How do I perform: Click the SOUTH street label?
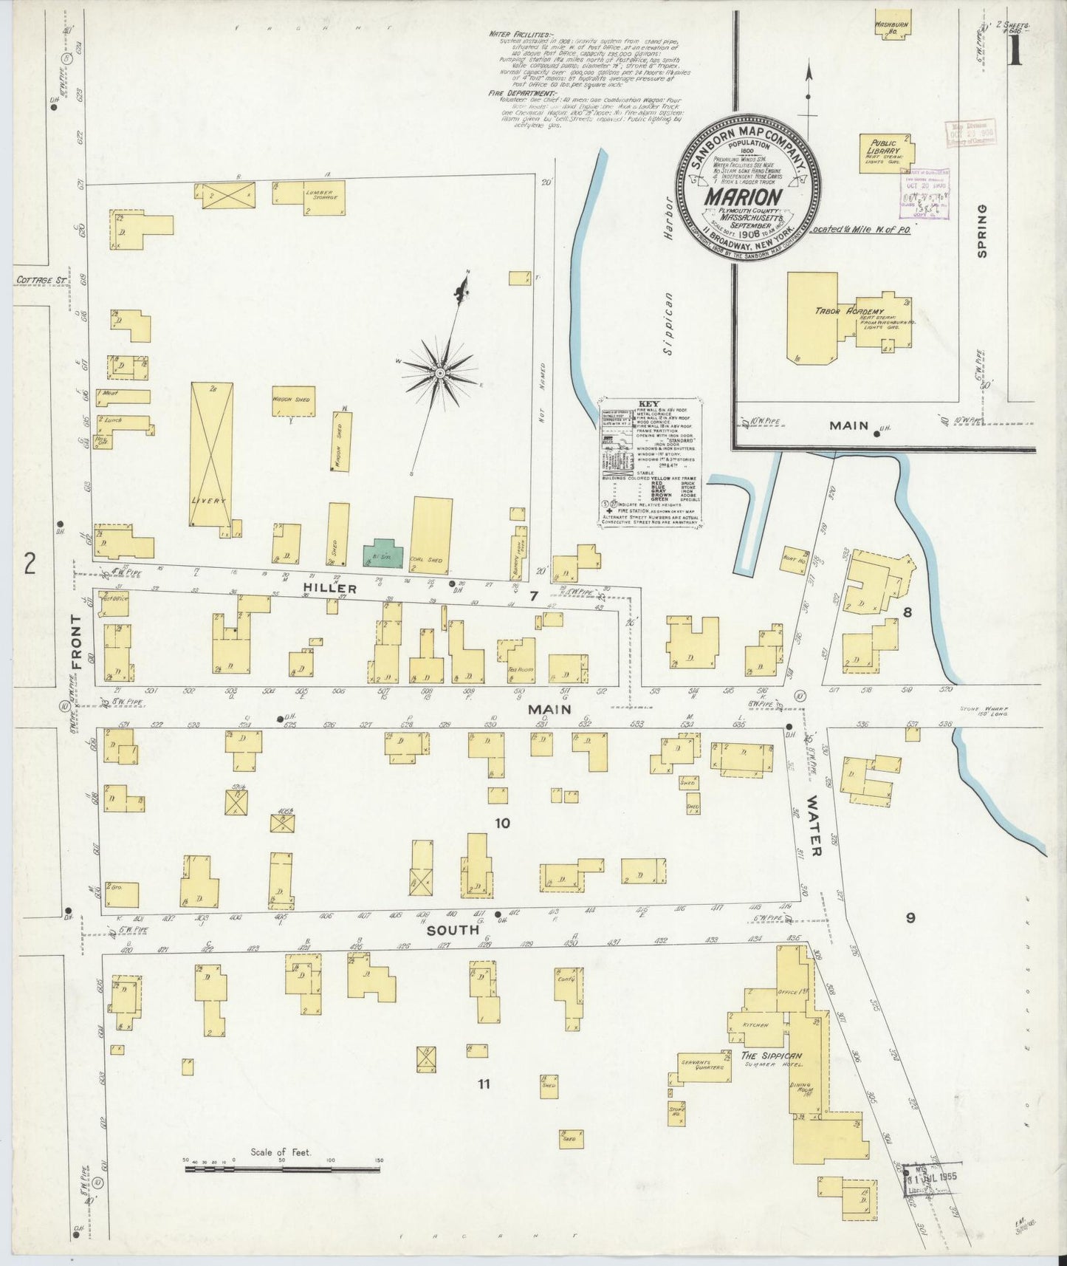(x=453, y=931)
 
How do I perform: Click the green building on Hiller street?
(x=383, y=552)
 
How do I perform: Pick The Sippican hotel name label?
(x=772, y=1056)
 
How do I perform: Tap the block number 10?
(x=502, y=823)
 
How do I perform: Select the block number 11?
(x=484, y=1084)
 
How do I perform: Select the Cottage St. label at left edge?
(x=41, y=281)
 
